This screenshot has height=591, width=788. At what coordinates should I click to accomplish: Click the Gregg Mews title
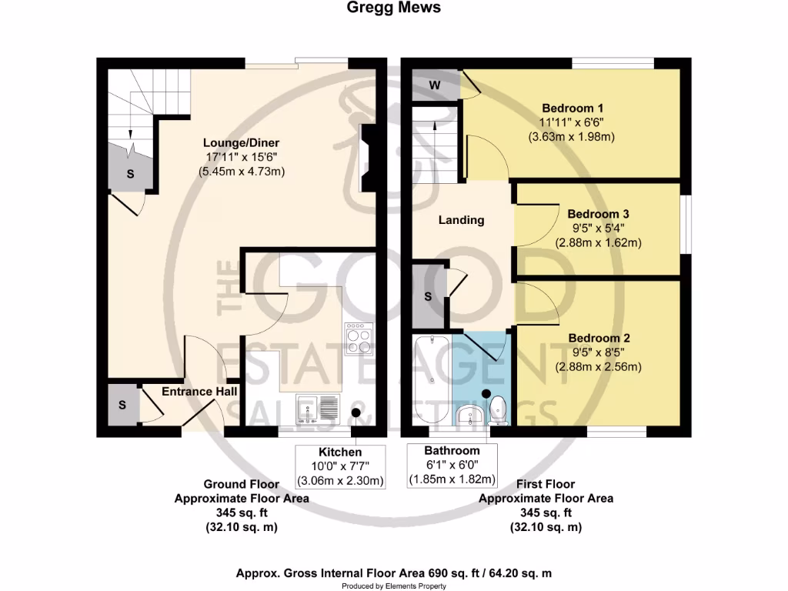pyautogui.click(x=393, y=8)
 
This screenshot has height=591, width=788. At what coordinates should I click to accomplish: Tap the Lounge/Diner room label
pyautogui.click(x=241, y=143)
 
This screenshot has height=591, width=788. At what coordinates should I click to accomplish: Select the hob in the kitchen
pyautogui.click(x=358, y=338)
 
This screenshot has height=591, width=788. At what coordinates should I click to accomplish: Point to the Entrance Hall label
pyautogui.click(x=198, y=392)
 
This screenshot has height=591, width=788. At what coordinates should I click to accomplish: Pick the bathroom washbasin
pyautogui.click(x=469, y=416)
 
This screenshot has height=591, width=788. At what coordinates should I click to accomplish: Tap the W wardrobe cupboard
pyautogui.click(x=435, y=85)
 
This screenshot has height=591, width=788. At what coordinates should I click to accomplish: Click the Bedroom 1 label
pyautogui.click(x=573, y=108)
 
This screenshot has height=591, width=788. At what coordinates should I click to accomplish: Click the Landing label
pyautogui.click(x=461, y=220)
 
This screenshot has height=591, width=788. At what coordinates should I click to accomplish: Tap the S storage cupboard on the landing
pyautogui.click(x=428, y=296)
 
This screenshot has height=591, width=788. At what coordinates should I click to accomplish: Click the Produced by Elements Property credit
pyautogui.click(x=393, y=586)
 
